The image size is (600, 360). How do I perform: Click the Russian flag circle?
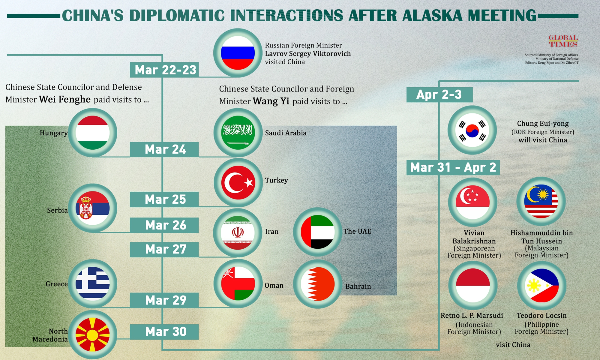238,53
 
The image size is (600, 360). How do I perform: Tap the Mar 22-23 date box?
164,70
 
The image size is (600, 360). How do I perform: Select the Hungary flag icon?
93,133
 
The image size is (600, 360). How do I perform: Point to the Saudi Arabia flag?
238,133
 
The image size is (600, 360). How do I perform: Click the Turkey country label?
276,180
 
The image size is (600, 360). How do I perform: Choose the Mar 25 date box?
164,199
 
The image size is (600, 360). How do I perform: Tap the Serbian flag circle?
93,208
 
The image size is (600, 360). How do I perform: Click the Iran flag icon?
238,233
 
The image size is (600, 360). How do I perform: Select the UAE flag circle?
317,232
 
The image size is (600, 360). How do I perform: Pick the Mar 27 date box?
164,250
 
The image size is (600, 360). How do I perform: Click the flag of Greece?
93,284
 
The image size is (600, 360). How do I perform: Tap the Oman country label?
274,285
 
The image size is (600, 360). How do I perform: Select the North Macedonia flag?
93,334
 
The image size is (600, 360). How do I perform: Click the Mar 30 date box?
164,332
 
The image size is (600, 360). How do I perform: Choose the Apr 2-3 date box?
439,95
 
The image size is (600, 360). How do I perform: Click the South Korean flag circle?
472,130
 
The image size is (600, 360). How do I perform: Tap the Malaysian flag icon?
541,202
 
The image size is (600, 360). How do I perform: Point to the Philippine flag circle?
542,285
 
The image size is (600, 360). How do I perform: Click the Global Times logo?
563,41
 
